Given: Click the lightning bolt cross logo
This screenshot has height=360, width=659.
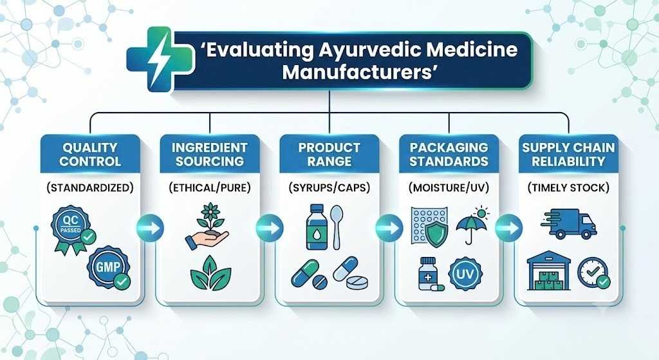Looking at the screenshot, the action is click(x=160, y=59).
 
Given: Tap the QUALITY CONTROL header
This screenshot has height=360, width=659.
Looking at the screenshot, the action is click(x=90, y=155).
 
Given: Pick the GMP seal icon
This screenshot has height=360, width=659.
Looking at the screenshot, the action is click(x=109, y=267).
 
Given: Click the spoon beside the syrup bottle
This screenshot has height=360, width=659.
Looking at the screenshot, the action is click(x=336, y=227).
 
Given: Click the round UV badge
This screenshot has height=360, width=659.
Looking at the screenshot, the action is click(x=465, y=274).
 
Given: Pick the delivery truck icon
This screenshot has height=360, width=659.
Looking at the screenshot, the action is click(x=569, y=224).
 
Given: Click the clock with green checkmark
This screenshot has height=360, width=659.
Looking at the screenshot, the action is click(x=593, y=273).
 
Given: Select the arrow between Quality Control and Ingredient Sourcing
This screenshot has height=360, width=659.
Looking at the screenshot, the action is click(x=150, y=229).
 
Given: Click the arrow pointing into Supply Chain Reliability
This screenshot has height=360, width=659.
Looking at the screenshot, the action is click(x=508, y=229).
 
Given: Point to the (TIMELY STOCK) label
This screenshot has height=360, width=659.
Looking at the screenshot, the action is click(x=568, y=187).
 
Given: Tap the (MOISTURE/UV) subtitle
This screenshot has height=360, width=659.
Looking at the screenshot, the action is click(x=449, y=187).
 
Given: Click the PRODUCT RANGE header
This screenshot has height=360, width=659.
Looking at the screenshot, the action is click(x=329, y=155).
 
